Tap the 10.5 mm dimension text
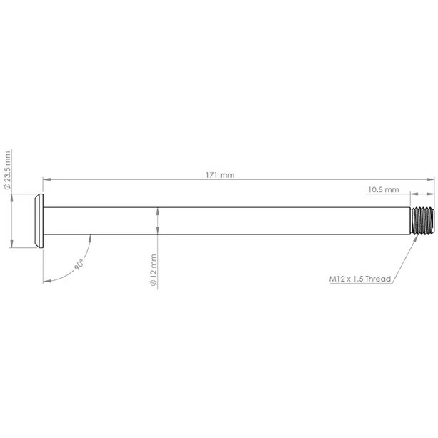pyautogui.click(x=382, y=190)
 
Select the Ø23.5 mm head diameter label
pyautogui.click(x=8, y=170)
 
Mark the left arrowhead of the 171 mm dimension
pyautogui.click(x=46, y=179)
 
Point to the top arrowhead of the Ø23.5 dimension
pyautogui.click(x=12, y=197)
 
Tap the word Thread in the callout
pyautogui.click(x=378, y=279)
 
